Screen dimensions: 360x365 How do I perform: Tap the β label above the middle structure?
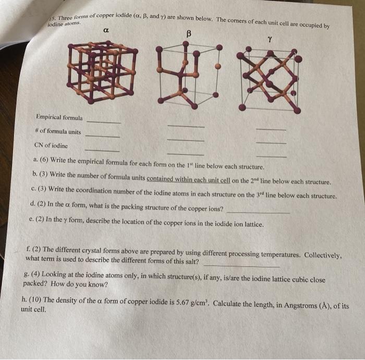tap(189, 34)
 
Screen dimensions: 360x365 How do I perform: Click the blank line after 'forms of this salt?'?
tap(241, 265)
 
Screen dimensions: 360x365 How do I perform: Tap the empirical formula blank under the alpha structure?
tap(104, 121)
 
